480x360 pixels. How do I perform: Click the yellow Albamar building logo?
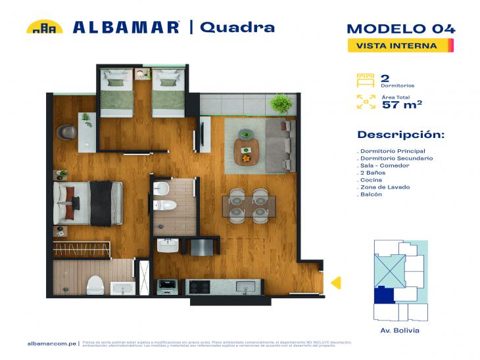[x=44, y=27]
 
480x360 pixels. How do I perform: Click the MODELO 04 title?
[x=400, y=28]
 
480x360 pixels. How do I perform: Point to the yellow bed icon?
[x=365, y=80]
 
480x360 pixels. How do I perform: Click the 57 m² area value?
[x=402, y=104]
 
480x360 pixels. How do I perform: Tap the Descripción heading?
[x=400, y=135]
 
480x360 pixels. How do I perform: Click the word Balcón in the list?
[x=372, y=195]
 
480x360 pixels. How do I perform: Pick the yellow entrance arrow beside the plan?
[x=335, y=283]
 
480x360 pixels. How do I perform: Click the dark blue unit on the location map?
[x=383, y=295]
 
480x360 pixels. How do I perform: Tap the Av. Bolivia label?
[x=400, y=330]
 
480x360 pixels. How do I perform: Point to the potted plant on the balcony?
[x=281, y=103]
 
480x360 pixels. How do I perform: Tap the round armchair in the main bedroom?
[x=66, y=132]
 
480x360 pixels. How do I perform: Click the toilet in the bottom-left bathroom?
[x=96, y=285]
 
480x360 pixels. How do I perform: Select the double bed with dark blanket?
[x=89, y=202]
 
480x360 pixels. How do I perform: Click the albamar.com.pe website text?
[x=53, y=344]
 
